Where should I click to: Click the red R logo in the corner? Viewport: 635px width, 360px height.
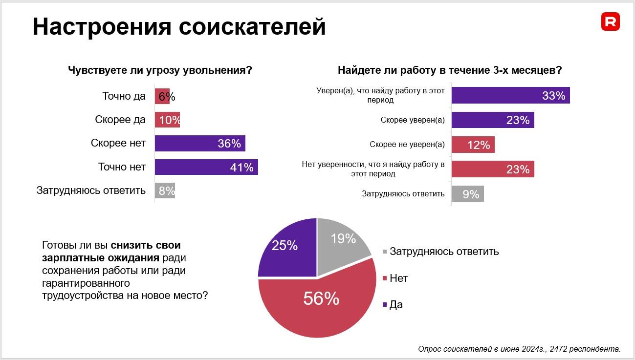[x=611, y=22]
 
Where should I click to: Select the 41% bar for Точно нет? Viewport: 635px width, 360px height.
[x=206, y=167]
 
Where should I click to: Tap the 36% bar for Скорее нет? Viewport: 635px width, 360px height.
[x=200, y=143]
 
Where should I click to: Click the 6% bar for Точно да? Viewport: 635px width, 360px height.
[x=162, y=96]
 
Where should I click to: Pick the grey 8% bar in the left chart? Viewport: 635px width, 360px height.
[x=165, y=191]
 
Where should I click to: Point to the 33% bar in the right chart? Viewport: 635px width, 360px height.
[x=510, y=96]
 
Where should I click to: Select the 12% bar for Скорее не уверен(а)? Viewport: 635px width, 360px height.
[x=473, y=145]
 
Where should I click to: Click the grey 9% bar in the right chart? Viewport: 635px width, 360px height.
[x=467, y=194]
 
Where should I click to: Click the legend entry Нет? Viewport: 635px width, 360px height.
[x=398, y=278]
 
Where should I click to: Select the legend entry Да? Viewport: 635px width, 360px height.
[x=395, y=305]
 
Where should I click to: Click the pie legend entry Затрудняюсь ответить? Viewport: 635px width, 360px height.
[x=443, y=252]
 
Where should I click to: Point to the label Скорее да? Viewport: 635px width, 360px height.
[x=120, y=120]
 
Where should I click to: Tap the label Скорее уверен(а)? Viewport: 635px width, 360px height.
[x=413, y=120]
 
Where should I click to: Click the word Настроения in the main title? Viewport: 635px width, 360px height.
[x=102, y=27]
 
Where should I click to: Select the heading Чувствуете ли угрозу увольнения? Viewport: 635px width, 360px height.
[x=160, y=70]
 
